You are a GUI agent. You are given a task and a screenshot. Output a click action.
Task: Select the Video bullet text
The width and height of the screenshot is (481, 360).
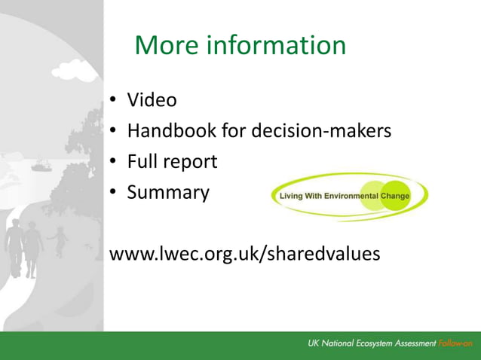click(152, 99)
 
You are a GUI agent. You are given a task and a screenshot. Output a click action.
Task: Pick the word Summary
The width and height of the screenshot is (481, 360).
click(167, 193)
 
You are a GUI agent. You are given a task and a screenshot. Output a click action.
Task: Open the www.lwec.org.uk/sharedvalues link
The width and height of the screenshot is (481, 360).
click(245, 254)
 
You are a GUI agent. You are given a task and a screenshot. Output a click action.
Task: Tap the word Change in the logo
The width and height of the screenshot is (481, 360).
click(395, 197)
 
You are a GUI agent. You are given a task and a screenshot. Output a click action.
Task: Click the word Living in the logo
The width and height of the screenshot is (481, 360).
click(290, 197)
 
